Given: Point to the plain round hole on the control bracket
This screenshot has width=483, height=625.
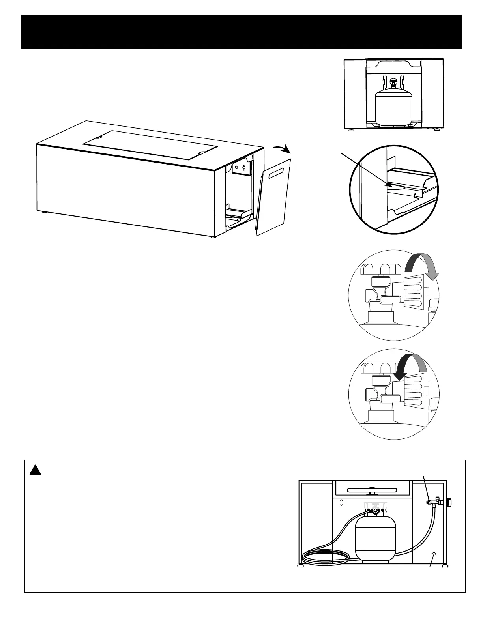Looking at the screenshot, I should (236, 167).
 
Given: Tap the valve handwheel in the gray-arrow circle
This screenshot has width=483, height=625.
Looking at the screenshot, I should (381, 269).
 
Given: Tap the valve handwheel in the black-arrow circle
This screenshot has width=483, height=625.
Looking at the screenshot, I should (381, 368).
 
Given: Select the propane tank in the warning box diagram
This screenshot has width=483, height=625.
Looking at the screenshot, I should (374, 537).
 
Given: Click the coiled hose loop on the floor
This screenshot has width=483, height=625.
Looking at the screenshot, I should (324, 557).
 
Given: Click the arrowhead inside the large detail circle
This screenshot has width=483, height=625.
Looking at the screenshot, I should (388, 183).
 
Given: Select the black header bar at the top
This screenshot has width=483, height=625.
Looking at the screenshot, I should (241, 32).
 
